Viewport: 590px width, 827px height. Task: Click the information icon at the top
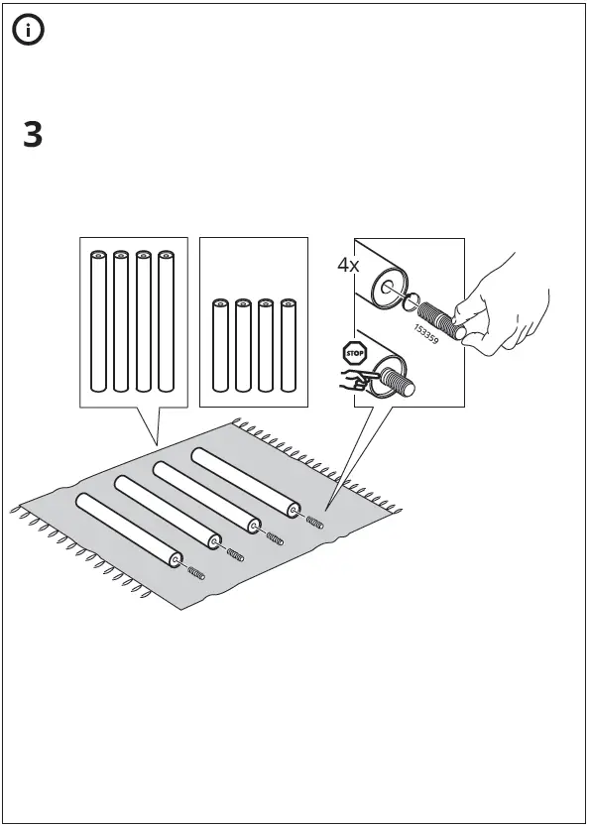[29, 31]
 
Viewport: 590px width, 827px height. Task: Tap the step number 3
[33, 135]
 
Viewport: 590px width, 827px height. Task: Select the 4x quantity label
[348, 265]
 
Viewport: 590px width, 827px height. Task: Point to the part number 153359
[426, 332]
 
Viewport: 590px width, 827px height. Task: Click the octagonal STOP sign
[354, 352]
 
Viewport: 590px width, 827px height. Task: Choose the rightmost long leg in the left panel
[166, 321]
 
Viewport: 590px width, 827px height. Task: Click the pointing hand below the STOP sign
[355, 378]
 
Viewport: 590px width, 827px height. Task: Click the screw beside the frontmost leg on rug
[197, 573]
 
